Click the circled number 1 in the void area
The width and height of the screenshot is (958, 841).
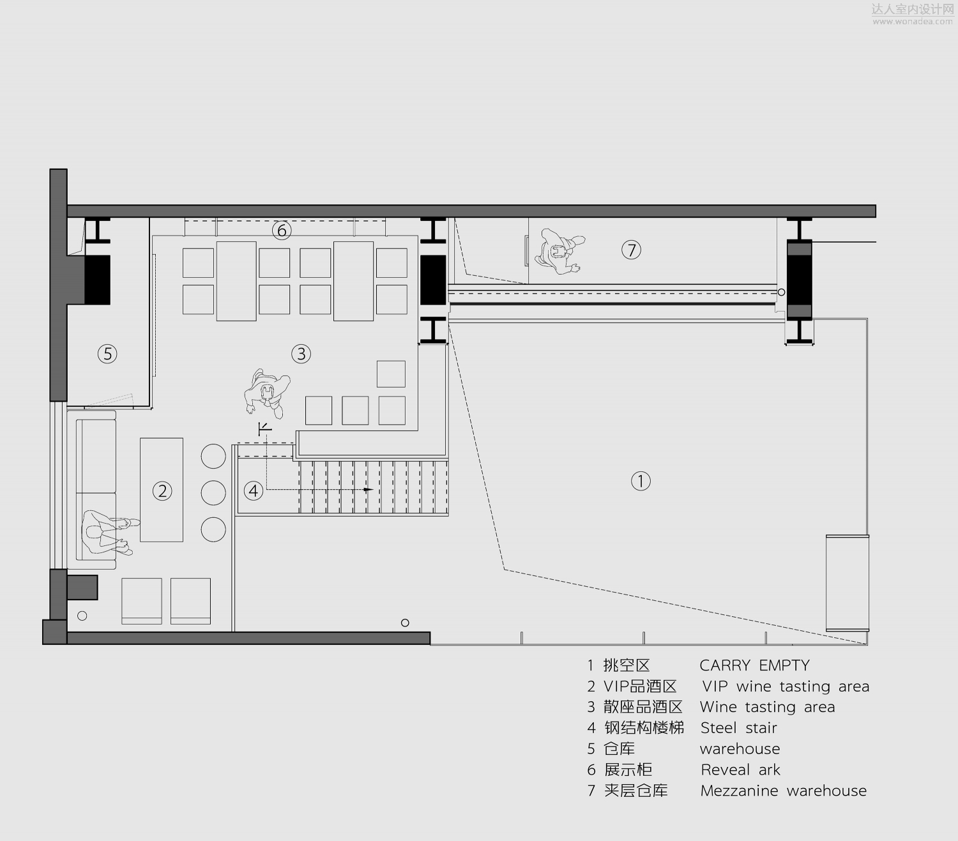pyautogui.click(x=641, y=481)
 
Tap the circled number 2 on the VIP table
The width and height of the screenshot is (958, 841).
pyautogui.click(x=162, y=491)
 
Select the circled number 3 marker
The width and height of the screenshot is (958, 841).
pyautogui.click(x=301, y=354)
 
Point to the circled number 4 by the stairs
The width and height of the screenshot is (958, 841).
pyautogui.click(x=254, y=490)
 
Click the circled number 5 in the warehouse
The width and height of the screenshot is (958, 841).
pyautogui.click(x=107, y=354)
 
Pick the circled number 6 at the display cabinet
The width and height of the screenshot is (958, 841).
pyautogui.click(x=282, y=231)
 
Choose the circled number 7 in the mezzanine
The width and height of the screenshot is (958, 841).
pyautogui.click(x=631, y=250)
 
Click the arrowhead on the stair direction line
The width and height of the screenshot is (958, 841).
pyautogui.click(x=369, y=490)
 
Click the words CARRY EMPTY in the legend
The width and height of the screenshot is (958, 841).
pyautogui.click(x=754, y=665)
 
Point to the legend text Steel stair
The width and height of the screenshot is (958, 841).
pyautogui.click(x=738, y=728)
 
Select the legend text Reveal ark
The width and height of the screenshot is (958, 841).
pyautogui.click(x=740, y=769)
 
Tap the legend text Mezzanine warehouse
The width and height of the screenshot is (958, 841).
pyautogui.click(x=784, y=791)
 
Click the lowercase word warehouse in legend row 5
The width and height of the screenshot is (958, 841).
pyautogui.click(x=740, y=749)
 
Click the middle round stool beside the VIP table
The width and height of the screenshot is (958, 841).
pyautogui.click(x=213, y=492)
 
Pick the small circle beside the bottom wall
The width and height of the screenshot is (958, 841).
pyautogui.click(x=405, y=623)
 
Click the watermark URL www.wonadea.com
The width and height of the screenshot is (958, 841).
pyautogui.click(x=913, y=21)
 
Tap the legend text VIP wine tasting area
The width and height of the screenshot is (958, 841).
pyautogui.click(x=786, y=686)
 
